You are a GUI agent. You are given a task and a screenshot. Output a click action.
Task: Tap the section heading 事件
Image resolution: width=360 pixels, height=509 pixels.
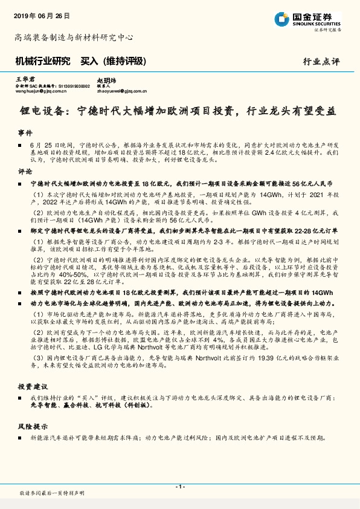25,132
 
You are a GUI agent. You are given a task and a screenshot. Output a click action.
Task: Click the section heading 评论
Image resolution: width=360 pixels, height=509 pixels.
25,171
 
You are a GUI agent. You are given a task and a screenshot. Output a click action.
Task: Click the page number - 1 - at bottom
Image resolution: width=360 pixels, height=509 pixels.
179,487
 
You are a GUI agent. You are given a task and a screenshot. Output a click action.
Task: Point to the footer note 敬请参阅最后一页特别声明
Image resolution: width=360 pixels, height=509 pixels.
52,494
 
